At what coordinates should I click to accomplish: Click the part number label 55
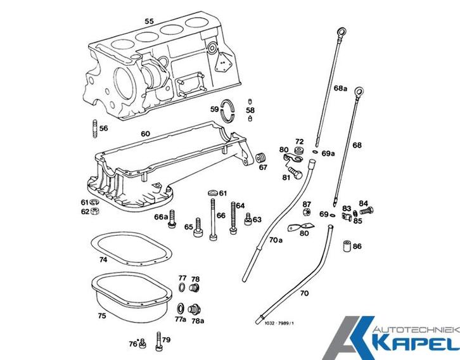[x=149, y=21]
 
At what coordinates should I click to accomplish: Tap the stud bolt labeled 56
[x=95, y=128]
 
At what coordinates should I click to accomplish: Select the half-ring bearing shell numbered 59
[x=227, y=110]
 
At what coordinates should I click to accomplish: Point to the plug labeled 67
[x=260, y=157]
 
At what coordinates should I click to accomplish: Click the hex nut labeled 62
[x=95, y=210]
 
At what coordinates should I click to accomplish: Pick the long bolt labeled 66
[x=214, y=219]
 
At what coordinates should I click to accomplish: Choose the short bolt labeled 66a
[x=172, y=218]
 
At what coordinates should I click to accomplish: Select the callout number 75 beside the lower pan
[x=102, y=316]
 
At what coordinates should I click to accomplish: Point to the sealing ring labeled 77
[x=182, y=288]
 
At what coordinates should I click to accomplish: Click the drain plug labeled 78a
[x=195, y=309]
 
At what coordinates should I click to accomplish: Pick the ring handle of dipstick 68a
[x=342, y=32]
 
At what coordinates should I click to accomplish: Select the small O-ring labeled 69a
[x=316, y=152]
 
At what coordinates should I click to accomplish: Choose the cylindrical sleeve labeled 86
[x=347, y=246]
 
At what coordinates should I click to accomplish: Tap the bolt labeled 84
[x=367, y=210]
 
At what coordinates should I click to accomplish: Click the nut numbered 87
[x=307, y=212]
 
